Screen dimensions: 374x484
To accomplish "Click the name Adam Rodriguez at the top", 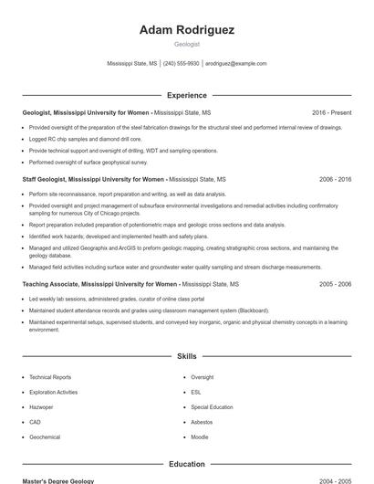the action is click(187, 30).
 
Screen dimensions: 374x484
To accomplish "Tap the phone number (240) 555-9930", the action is click(181, 64).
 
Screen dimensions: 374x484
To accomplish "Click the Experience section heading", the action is click(187, 95).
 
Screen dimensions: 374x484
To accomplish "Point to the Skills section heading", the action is click(187, 356).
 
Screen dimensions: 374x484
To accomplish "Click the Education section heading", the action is click(187, 464).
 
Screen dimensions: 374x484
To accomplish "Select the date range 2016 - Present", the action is click(331, 112).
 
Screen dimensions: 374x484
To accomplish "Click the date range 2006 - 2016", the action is click(335, 180).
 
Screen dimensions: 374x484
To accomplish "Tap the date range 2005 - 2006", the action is click(335, 284).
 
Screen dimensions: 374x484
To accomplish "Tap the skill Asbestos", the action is click(202, 422).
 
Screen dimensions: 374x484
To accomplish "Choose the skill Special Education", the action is click(212, 406).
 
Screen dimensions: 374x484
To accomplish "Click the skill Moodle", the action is click(200, 437).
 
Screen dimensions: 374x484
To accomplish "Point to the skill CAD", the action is click(35, 422).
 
